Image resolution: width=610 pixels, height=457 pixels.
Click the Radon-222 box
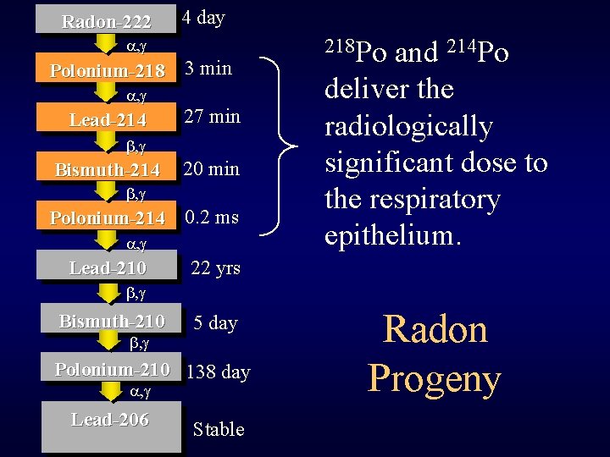106,20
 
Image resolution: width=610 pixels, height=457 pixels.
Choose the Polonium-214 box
108,218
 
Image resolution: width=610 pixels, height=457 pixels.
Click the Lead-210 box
108,268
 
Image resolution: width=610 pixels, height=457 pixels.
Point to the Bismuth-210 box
111,322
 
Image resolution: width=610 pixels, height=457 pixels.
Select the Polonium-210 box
112,370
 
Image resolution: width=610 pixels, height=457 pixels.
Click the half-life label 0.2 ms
212,217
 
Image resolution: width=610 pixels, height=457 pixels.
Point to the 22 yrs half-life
216,268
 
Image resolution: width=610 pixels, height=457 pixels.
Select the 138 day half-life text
218,372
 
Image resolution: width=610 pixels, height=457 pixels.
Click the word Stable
219,429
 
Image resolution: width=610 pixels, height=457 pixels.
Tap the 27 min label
212,116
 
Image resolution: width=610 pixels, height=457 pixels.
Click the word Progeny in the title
435,378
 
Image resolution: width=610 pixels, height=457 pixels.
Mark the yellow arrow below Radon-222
108,41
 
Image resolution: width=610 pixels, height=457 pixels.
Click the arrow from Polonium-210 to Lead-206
110,391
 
